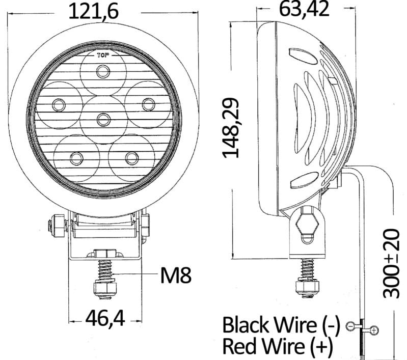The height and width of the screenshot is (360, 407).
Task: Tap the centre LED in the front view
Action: tap(103, 119)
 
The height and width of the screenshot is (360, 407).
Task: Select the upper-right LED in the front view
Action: tap(148, 104)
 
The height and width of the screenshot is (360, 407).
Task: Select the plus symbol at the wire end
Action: tap(374, 331)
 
